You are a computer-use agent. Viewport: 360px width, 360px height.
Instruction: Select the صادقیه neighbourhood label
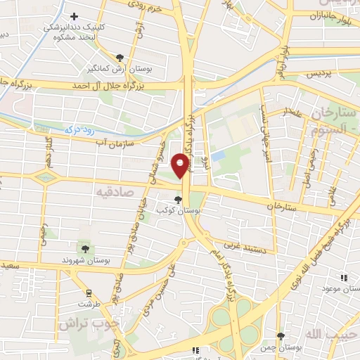[x=114, y=191]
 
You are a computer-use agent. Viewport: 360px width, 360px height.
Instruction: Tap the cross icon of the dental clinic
[x=74, y=16]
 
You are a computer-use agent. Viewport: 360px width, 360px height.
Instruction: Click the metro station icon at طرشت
[x=89, y=293]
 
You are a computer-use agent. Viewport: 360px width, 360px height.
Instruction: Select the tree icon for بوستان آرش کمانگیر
[x=122, y=58]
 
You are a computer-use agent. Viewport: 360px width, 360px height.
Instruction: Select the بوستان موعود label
[x=339, y=288]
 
